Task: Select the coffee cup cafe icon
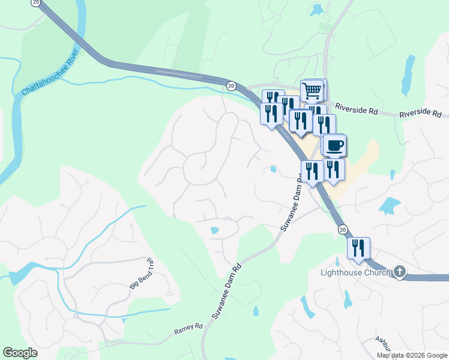[335, 145]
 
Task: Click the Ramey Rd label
[188, 329]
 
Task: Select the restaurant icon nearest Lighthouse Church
[358, 248]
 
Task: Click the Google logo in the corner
[20, 353]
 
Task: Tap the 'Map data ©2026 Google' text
[411, 355]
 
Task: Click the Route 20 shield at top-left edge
[35, 2]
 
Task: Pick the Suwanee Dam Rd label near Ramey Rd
[226, 291]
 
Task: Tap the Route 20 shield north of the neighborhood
[231, 86]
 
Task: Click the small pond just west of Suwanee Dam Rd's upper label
[273, 169]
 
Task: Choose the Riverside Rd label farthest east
[420, 113]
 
